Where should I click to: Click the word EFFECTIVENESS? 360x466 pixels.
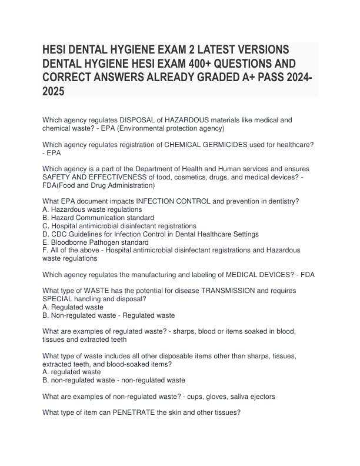129,177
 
